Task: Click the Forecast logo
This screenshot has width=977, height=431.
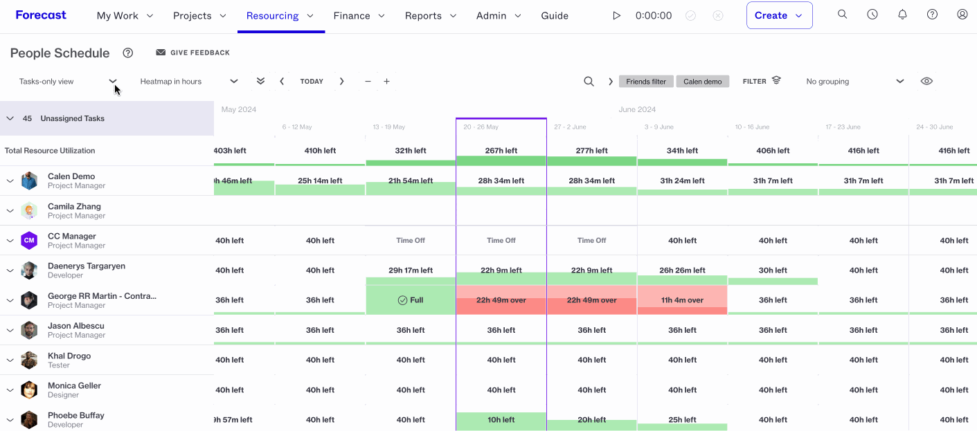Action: pyautogui.click(x=41, y=15)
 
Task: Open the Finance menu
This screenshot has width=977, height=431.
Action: pyautogui.click(x=359, y=16)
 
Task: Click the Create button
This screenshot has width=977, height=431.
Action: pyautogui.click(x=779, y=15)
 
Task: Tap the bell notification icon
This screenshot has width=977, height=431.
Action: pyautogui.click(x=902, y=15)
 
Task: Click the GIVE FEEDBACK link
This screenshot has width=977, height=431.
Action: pyautogui.click(x=192, y=53)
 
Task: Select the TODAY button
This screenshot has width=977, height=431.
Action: pyautogui.click(x=312, y=81)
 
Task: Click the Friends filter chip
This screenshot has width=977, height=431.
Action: pyautogui.click(x=646, y=82)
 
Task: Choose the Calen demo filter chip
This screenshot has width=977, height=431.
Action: pyautogui.click(x=702, y=82)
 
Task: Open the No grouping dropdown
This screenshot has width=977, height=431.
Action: pyautogui.click(x=854, y=82)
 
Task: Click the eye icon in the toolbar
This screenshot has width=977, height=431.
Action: pyautogui.click(x=926, y=81)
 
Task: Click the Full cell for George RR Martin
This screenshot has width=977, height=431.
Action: pyautogui.click(x=411, y=300)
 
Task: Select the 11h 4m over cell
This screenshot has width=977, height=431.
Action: pyautogui.click(x=682, y=300)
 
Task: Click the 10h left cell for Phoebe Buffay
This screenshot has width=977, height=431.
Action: pyautogui.click(x=501, y=420)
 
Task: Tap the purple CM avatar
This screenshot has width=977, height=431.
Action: pyautogui.click(x=29, y=240)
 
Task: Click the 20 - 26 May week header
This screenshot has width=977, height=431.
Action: pyautogui.click(x=481, y=127)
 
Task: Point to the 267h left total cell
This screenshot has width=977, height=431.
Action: pyautogui.click(x=501, y=151)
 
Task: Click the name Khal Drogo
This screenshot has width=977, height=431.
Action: pyautogui.click(x=69, y=356)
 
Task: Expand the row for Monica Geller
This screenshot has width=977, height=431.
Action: pyautogui.click(x=10, y=390)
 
